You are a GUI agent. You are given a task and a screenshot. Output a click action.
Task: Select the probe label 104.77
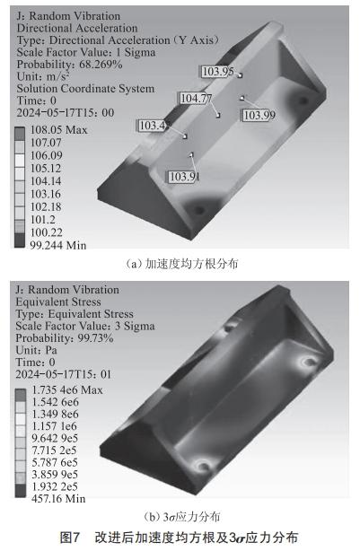tap(196, 99)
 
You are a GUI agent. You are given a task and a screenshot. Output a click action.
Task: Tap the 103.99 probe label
tap(259, 114)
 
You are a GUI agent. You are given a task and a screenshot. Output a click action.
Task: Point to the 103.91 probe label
tap(182, 176)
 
